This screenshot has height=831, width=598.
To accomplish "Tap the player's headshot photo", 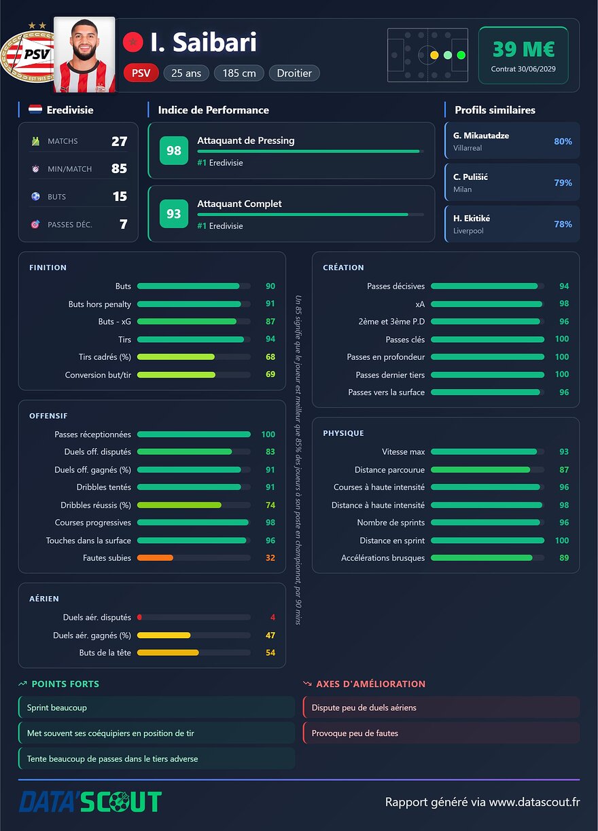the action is tap(84, 54).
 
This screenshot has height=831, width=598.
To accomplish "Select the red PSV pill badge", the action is tap(141, 73).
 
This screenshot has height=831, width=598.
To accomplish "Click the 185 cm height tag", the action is tap(239, 73).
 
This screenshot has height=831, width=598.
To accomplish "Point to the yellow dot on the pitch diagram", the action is tap(434, 55).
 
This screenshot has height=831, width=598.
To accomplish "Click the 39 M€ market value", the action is tap(523, 50).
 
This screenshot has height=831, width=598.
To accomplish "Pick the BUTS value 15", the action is tap(120, 196).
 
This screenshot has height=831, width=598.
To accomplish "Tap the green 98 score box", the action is tap(174, 151).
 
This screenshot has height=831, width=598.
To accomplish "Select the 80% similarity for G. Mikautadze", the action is tap(563, 141).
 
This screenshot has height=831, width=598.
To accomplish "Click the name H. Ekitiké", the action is tap(472, 218).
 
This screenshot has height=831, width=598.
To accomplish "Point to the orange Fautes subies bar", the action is tap(155, 557).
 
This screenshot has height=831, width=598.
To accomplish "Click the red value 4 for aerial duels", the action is tap(272, 617).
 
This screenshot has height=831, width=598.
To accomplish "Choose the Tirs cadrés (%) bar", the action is tap(176, 357).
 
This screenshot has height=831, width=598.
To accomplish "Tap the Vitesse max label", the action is tap(404, 452).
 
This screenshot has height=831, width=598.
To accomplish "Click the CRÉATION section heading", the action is tap(343, 267).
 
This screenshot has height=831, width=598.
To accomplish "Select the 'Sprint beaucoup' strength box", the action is tap(156, 707).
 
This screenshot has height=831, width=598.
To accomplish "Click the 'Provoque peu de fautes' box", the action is tap(441, 733).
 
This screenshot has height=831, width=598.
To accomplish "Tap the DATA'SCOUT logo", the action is tap(90, 802).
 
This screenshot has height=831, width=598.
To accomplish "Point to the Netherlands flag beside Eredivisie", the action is tap(35, 109).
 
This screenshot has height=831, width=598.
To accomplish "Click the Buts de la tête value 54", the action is tap(270, 653).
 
